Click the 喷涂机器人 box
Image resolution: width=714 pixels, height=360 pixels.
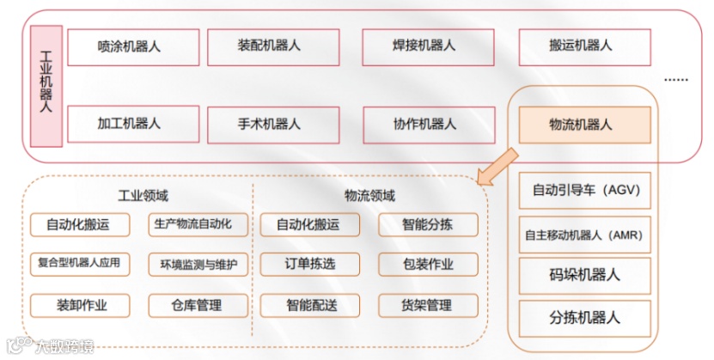coord(129,46)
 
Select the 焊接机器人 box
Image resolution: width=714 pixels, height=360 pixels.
coord(424,46)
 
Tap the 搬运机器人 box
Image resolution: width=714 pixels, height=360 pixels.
coord(581,46)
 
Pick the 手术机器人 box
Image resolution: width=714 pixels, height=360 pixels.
coord(269,124)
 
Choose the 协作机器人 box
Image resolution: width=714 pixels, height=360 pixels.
coord(424,124)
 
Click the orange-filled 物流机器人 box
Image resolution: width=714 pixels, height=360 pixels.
coord(581,125)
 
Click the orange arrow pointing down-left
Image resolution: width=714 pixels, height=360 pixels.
coord(497,167)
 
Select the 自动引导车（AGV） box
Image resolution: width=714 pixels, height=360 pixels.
coord(586,190)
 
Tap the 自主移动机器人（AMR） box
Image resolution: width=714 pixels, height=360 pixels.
coord(586,233)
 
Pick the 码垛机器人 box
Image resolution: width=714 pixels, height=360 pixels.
coord(586,275)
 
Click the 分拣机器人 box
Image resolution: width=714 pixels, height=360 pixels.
coord(586,317)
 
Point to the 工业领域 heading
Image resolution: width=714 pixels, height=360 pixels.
coord(143,195)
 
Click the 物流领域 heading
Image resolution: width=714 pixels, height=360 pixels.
coord(370,195)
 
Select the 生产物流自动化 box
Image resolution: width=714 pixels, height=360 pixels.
coord(198,225)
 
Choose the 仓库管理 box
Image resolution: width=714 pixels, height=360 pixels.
coord(198,305)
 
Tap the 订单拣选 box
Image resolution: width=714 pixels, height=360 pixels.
coord(307,265)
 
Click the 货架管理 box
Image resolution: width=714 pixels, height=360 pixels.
coord(427,305)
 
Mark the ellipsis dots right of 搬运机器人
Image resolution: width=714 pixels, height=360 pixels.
coord(676,78)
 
